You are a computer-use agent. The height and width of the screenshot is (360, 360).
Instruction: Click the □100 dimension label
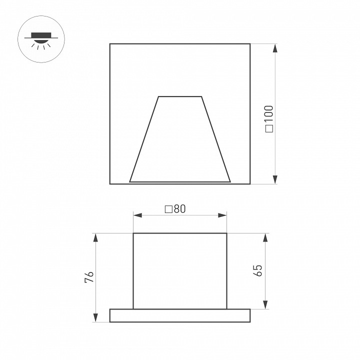coord(269,118)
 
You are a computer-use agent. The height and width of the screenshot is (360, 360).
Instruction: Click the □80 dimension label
coord(175,209)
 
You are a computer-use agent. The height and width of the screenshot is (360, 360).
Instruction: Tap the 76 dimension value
coord(88,278)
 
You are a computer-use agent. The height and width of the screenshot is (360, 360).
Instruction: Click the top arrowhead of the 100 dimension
coord(275,49)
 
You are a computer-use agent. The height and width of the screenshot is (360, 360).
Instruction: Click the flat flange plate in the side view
coord(180,315)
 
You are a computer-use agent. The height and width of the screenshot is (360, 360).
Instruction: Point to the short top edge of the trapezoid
coord(180,96)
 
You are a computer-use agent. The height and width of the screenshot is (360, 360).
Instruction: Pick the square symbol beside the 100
coord(269,129)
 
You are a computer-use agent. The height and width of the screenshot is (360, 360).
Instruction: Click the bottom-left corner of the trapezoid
coord(130,180)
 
